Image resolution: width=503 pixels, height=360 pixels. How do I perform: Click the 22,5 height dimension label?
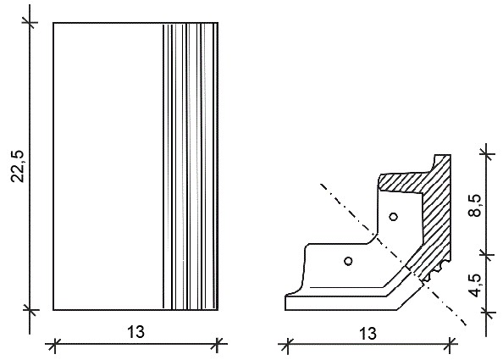18,166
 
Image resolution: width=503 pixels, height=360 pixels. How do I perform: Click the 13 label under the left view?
136,331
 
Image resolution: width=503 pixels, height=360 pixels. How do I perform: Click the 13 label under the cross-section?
368,334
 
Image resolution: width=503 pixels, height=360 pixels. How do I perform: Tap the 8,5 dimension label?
475,205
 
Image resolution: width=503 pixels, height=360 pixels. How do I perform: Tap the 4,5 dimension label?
475,285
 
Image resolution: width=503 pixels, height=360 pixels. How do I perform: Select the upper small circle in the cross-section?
394,217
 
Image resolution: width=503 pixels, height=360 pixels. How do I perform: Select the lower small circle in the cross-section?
348,261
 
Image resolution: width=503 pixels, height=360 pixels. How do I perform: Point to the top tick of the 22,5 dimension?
30,23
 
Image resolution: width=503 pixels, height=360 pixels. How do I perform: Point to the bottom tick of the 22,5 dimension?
30,310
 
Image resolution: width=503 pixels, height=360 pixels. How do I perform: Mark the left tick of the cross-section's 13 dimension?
288,346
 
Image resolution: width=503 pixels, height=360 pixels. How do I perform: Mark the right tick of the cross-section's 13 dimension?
450,346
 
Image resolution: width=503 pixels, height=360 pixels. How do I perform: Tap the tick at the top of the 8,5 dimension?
486,154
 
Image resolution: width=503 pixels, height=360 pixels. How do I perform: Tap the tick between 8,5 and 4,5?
486,254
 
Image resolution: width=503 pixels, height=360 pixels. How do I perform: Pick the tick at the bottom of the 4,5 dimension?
486,311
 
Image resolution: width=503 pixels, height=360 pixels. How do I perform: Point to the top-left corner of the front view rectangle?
53,23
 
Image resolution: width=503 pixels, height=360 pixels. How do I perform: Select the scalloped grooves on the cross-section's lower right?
435,271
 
